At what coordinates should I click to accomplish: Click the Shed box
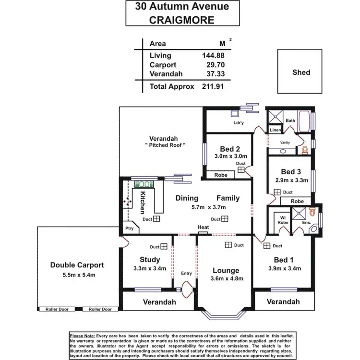(x=301, y=72)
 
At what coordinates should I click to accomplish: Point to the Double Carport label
(x=77, y=265)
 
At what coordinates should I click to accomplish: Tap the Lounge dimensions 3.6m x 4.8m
(x=226, y=278)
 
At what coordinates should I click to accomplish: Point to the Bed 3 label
(x=291, y=172)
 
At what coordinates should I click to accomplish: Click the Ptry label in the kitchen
(x=129, y=228)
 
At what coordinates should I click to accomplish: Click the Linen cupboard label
(x=275, y=130)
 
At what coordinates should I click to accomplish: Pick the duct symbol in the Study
(x=164, y=247)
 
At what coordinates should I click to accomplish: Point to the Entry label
(x=186, y=274)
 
